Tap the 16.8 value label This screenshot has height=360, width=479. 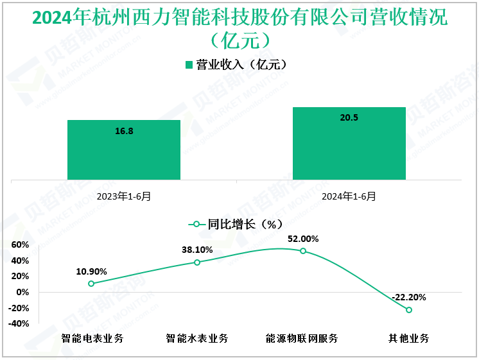[x=124, y=131]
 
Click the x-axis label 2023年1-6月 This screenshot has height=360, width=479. [x=124, y=196]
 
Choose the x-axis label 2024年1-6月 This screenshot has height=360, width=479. [x=349, y=196]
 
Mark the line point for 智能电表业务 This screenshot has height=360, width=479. [x=91, y=284]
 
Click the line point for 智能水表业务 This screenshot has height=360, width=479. [x=197, y=262]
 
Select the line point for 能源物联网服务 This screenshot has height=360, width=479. [x=303, y=251]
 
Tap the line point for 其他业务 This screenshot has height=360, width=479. [x=409, y=309]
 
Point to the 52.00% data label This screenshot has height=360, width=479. [x=303, y=239]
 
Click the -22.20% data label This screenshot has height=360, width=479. [x=408, y=297]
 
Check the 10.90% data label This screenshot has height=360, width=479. [x=91, y=271]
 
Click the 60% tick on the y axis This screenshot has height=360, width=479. [x=20, y=245]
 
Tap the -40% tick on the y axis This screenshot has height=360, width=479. [x=18, y=323]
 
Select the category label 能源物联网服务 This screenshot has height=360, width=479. [x=302, y=338]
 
